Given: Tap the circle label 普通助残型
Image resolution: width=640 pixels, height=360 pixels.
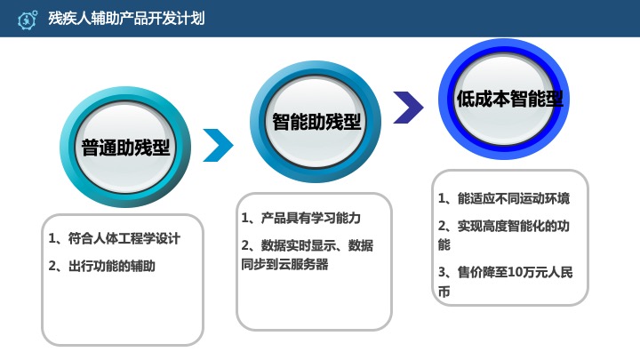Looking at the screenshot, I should (125, 148).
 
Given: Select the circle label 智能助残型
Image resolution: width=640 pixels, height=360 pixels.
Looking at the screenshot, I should (316, 122).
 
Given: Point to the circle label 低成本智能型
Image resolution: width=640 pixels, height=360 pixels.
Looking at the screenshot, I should (509, 99).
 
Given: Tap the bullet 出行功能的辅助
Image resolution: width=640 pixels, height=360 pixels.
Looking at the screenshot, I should (102, 265).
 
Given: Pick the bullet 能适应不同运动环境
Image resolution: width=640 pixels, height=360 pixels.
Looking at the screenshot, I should (503, 197).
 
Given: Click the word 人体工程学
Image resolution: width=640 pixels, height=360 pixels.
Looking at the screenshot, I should (117, 238).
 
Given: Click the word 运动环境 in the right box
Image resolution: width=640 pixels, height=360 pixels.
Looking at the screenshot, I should (541, 197).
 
